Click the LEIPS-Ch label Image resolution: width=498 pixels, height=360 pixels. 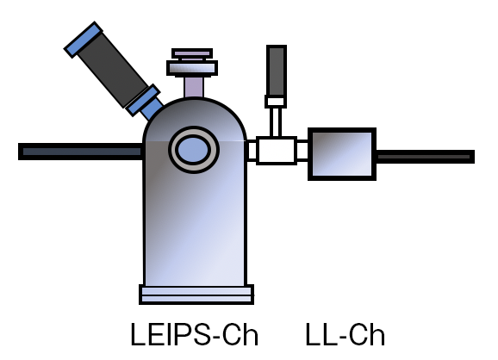pos(195,334)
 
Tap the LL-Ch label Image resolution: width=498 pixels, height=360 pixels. pos(345,334)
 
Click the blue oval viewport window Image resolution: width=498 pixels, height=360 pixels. pos(193,150)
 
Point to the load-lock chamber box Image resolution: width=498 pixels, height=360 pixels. pos(342,154)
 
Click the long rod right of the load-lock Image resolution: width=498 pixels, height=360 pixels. pos(426,157)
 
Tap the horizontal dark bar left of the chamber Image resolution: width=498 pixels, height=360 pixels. pos(80,152)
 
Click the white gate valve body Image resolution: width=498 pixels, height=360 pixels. pos(277,151)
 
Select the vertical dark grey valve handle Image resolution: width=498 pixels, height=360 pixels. pos(277,71)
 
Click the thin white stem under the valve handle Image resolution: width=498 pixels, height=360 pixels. pos(276,122)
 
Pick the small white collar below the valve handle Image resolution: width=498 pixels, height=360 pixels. pos(276,102)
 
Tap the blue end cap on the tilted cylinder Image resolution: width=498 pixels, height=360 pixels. pos(84,40)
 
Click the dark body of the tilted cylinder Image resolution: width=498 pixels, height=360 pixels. pos(112,70)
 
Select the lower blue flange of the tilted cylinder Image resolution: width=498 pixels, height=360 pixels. pos(143,100)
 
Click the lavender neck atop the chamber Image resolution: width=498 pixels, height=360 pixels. pos(194,87)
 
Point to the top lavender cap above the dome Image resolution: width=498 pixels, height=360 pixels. pos(192,53)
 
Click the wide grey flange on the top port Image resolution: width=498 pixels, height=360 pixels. pos(192,68)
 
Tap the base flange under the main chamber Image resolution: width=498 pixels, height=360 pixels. pos(196,295)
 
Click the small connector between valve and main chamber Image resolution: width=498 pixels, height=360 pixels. pos(252,151)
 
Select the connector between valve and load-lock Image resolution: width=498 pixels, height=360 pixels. pos(302,151)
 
